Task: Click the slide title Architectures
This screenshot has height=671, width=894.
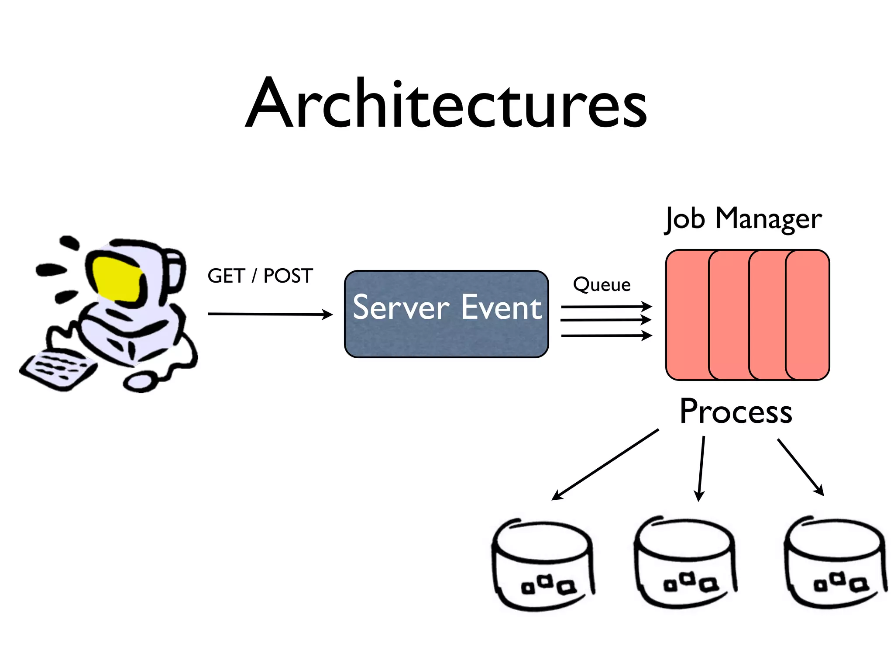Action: tap(446, 105)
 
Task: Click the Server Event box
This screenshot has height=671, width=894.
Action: tap(446, 314)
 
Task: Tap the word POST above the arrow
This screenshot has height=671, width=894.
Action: tap(288, 276)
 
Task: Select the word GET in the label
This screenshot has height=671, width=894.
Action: tap(226, 276)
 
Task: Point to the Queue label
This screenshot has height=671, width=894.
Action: tap(602, 285)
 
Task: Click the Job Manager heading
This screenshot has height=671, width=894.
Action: tap(743, 218)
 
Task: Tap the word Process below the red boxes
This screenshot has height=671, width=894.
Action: tap(736, 412)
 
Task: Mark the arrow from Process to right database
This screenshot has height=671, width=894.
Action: tap(800, 467)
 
